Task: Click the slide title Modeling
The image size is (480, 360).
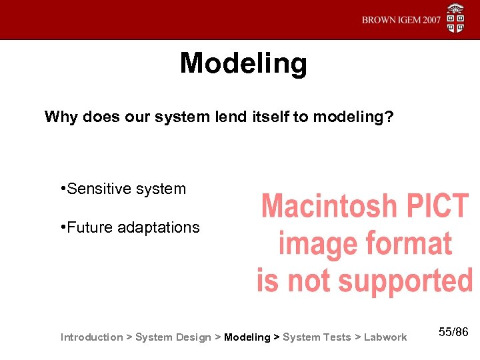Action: click(243, 64)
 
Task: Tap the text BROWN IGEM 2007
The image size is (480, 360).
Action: click(401, 20)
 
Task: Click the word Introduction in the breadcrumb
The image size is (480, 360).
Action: click(91, 337)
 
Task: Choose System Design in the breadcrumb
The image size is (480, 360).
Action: click(173, 337)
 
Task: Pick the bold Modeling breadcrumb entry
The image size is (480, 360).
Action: click(247, 337)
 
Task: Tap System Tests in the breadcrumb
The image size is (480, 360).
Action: click(317, 337)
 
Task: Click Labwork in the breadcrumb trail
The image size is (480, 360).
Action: click(385, 337)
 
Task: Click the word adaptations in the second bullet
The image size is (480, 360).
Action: click(158, 227)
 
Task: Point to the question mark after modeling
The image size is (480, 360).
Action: click(389, 117)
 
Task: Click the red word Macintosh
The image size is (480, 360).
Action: click(329, 207)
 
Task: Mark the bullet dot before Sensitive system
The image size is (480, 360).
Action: click(62, 189)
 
